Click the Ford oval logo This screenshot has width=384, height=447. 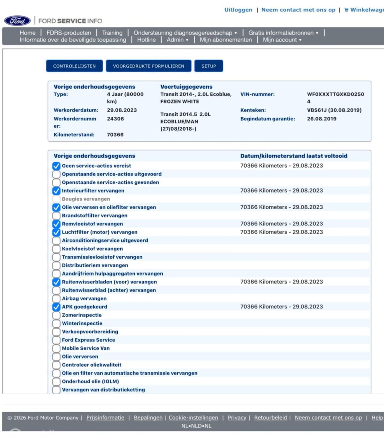(17, 21)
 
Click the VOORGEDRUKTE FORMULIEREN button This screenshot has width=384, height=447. (148, 66)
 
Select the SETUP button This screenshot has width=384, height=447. (208, 66)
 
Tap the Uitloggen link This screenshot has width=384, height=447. (238, 10)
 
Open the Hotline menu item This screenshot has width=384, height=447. (146, 40)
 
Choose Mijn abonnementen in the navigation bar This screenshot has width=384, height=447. (226, 40)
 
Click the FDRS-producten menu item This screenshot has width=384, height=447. (69, 33)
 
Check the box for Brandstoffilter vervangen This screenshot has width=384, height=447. (56, 216)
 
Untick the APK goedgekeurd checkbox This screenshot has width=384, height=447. (56, 307)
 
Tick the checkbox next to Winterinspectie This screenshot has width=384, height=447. (56, 323)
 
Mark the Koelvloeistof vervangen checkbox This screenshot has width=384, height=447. (56, 249)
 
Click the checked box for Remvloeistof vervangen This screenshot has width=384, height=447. (56, 224)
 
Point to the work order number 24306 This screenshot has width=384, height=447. (115, 119)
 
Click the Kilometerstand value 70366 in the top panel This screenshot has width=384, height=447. (115, 135)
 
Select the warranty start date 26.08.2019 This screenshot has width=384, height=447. (322, 119)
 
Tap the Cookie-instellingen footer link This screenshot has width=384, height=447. (193, 418)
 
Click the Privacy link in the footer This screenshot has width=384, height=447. (237, 418)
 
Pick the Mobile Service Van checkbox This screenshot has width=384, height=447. (56, 348)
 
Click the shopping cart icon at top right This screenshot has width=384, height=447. (346, 10)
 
